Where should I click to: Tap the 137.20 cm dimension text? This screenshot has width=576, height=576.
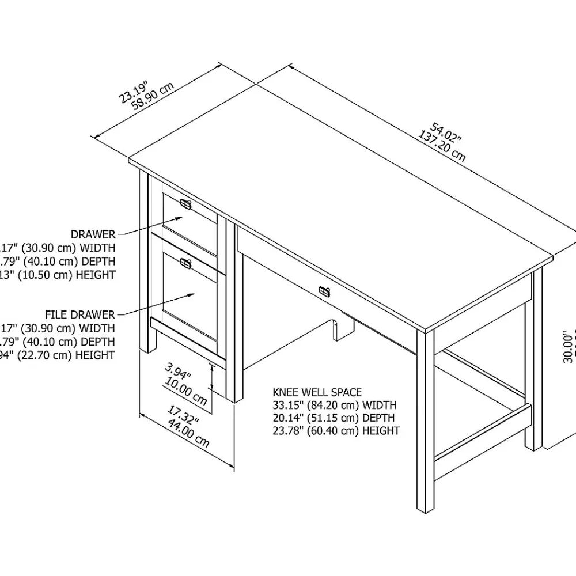tap(442, 147)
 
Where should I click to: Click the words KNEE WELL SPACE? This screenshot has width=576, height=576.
tap(317, 393)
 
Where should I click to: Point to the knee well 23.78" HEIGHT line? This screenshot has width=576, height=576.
tap(336, 431)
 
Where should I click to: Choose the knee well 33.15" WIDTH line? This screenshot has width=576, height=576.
tap(335, 406)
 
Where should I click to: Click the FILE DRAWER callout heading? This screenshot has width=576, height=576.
tap(80, 314)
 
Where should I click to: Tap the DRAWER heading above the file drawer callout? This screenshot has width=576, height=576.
tap(93, 234)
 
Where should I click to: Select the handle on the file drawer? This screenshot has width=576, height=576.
tap(185, 263)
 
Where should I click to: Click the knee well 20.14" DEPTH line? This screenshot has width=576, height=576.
tap(335, 418)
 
